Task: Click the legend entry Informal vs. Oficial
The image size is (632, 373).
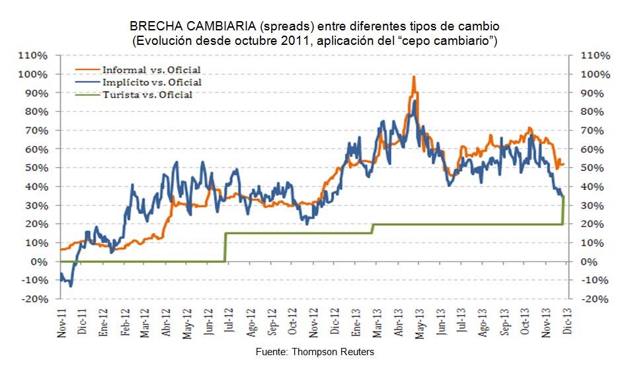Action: [151, 69]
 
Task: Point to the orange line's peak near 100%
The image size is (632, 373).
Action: [414, 77]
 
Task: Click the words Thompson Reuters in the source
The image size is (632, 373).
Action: [333, 353]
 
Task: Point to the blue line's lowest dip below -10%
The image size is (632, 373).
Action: [71, 286]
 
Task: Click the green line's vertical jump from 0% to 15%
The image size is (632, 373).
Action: [225, 248]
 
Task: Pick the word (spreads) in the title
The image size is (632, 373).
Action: [282, 27]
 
